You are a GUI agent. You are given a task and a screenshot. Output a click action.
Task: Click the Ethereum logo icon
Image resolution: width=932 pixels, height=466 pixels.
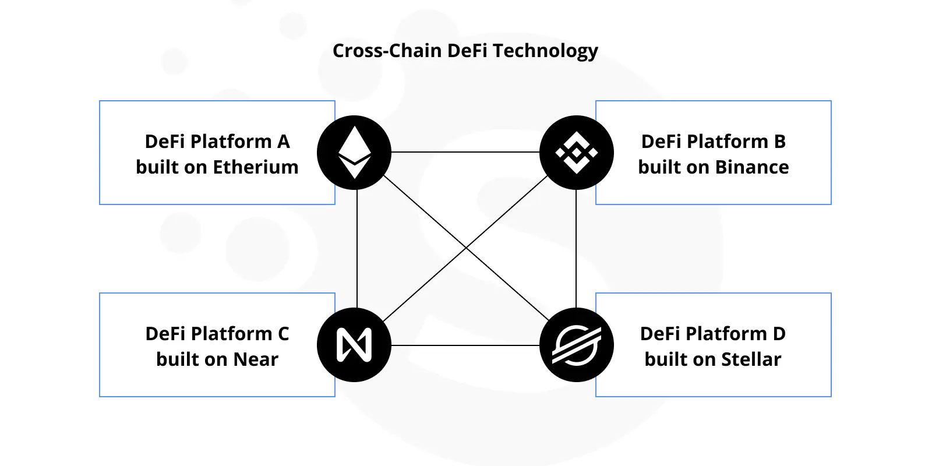[354, 153]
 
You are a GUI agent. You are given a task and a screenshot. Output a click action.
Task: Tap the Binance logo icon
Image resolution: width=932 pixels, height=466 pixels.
[576, 153]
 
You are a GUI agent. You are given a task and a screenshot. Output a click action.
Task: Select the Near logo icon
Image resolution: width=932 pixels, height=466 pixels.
[354, 345]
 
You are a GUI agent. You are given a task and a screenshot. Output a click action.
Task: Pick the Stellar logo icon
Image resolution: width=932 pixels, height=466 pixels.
[576, 345]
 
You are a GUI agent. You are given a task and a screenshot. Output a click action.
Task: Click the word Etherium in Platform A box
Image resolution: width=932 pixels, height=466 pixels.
[256, 167]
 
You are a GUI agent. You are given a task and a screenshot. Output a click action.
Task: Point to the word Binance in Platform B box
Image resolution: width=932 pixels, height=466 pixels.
[751, 167]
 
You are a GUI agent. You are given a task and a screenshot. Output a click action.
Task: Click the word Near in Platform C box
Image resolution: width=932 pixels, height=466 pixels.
[256, 359]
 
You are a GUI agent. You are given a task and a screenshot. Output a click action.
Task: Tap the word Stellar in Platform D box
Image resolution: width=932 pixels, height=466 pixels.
[751, 359]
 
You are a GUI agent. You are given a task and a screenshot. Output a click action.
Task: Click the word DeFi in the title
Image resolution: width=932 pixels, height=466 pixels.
[468, 51]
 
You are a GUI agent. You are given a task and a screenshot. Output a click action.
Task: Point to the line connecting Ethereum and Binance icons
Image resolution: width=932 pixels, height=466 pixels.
[465, 152]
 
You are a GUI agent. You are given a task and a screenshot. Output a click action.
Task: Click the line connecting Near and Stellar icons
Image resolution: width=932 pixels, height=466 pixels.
[465, 345]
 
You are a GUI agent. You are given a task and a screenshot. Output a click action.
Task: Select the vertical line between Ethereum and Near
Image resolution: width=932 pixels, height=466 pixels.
[356, 249]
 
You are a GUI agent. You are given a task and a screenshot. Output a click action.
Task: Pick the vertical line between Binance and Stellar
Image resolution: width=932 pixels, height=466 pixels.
[576, 249]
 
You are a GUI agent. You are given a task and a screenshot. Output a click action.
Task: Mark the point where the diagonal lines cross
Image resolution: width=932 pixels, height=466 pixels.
[466, 249]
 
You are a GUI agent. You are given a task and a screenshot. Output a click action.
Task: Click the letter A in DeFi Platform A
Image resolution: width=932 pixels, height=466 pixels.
[283, 142]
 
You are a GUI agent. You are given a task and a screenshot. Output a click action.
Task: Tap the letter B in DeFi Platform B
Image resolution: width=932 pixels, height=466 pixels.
[779, 142]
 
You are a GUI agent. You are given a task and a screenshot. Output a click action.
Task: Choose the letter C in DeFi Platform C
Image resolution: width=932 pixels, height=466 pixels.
[283, 334]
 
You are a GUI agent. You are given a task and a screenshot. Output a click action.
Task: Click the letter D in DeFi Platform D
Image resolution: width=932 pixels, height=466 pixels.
[779, 334]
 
